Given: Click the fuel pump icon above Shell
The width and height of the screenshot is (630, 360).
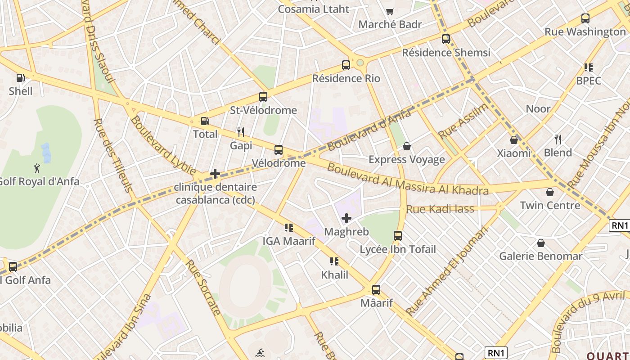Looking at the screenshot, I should [x=20, y=78].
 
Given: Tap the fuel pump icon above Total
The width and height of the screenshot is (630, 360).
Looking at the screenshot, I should [x=205, y=121].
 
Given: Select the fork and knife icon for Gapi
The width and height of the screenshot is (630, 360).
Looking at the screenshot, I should [x=241, y=132].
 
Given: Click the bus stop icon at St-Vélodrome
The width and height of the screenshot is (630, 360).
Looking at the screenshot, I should [x=263, y=97].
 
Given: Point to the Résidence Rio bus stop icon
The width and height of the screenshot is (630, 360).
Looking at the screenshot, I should [x=346, y=65].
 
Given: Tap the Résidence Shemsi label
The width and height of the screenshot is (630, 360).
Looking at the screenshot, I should [x=446, y=53].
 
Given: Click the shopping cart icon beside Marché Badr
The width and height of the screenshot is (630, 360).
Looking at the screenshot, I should [x=390, y=11].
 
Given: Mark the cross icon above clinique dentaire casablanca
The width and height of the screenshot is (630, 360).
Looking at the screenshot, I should [x=215, y=174].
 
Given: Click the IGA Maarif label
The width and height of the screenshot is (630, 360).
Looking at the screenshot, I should [x=289, y=241].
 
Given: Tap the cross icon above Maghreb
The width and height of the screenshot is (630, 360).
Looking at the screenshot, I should [x=346, y=219].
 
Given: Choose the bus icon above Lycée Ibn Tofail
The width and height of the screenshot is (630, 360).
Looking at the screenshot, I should [x=398, y=236].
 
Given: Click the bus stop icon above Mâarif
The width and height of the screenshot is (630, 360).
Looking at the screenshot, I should [x=376, y=290].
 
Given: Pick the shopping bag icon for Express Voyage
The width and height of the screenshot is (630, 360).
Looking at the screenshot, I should [x=407, y=146].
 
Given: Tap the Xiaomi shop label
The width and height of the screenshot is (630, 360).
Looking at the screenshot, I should [x=514, y=153].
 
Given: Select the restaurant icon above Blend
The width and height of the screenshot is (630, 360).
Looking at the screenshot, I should [x=558, y=139].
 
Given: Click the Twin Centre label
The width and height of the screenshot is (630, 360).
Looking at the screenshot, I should [x=550, y=206].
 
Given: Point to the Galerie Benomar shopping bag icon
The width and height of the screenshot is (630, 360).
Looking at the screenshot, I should [x=541, y=243].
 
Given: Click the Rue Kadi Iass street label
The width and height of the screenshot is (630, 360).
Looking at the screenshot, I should [x=440, y=209].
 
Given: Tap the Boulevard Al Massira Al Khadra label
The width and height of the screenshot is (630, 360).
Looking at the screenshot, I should [x=408, y=179].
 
